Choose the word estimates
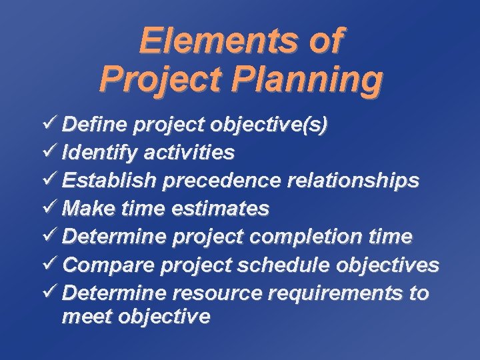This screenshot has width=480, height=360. coord(220,209)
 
